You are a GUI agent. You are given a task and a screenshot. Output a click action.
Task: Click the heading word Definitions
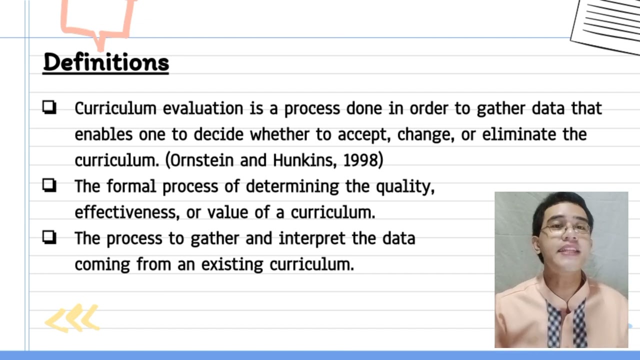tap(106, 63)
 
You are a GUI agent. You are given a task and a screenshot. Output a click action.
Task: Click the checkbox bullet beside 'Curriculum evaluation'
tap(49, 107)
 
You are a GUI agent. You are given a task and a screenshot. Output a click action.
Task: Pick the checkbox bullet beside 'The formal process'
tap(49, 185)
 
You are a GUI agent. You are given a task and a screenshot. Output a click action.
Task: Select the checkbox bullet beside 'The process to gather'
tap(49, 237)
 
